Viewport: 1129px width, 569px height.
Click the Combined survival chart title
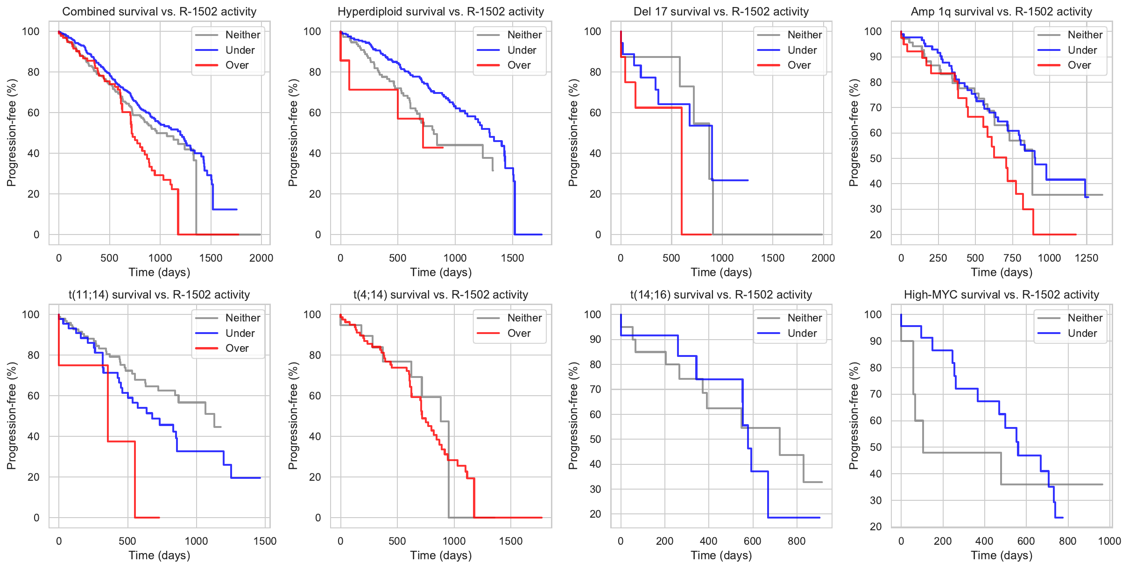coord(159,12)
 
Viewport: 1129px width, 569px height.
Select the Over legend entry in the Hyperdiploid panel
coord(519,65)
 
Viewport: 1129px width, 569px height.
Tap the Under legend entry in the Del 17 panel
coord(802,50)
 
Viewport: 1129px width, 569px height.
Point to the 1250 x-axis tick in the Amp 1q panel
coord(1087,258)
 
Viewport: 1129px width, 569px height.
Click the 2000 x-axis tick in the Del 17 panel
coord(823,258)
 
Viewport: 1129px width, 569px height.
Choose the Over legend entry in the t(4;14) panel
coord(519,333)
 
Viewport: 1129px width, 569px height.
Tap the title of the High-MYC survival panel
coord(1002,295)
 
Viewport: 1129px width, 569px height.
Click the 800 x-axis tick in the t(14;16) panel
coord(797,541)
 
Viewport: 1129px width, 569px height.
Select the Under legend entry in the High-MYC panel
coord(1082,333)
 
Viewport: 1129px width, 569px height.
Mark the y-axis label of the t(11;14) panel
coord(12,416)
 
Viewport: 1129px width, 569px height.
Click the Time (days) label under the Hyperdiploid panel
coord(441,272)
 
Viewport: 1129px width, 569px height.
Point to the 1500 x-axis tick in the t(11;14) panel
coord(265,541)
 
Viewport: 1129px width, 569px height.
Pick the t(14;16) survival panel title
coord(721,295)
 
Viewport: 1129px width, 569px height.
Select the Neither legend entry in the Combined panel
coord(242,35)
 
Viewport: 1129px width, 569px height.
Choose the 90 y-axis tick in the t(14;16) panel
coord(595,339)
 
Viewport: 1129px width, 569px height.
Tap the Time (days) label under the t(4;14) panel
coord(441,555)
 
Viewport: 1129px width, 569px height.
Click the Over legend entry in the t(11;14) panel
coord(237,349)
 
